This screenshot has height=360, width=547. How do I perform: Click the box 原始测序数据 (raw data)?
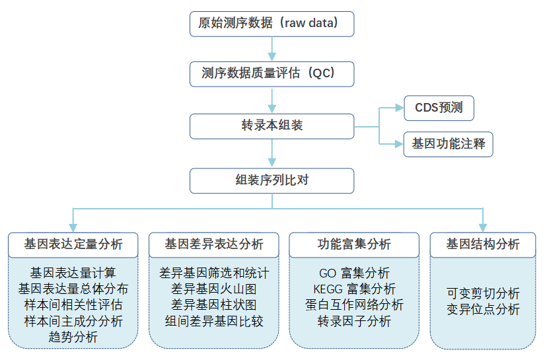(x=272, y=24)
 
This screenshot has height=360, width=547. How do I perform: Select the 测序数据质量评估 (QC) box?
(x=272, y=74)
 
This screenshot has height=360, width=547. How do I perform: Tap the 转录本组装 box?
(x=272, y=126)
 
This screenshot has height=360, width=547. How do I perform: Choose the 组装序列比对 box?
(x=272, y=181)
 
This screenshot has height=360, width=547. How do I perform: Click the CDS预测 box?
(x=439, y=108)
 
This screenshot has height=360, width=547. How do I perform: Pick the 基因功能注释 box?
(x=449, y=144)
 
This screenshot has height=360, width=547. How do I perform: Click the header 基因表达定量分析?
(x=73, y=245)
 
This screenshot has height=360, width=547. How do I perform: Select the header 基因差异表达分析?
(x=214, y=245)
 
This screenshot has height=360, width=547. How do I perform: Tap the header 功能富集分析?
(x=354, y=245)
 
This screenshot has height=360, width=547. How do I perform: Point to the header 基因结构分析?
(x=483, y=245)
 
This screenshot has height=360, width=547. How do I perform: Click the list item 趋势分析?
(x=73, y=337)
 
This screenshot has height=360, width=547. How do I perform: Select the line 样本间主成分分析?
(x=73, y=321)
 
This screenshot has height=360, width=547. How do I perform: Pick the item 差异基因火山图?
(x=214, y=289)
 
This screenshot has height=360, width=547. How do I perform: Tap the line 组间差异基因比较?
(x=214, y=321)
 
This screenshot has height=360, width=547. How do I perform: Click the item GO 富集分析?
(x=354, y=273)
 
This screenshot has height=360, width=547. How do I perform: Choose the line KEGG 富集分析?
(x=354, y=289)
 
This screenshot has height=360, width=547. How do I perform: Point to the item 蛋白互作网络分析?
(x=354, y=305)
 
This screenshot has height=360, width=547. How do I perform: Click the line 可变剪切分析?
(x=483, y=293)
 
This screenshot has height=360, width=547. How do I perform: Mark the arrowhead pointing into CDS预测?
(x=400, y=108)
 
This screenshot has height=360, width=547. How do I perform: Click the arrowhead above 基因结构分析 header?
(x=483, y=228)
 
